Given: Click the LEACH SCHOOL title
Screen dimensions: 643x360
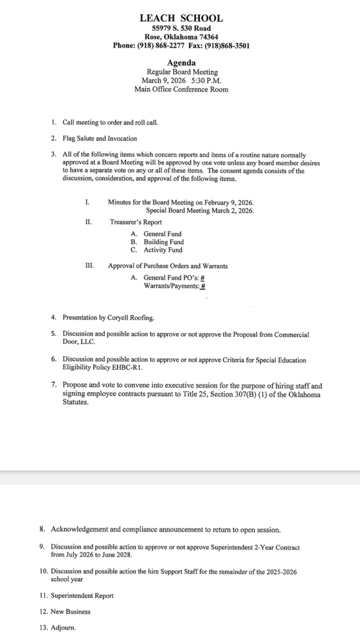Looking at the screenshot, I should tap(181, 19).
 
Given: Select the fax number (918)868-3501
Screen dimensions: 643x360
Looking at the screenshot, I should tap(227, 46).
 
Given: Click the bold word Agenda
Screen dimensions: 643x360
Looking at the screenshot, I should tap(181, 63).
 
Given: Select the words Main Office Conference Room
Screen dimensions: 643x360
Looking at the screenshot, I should tap(181, 89).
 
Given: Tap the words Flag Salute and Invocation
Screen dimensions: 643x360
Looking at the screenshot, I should tap(100, 138).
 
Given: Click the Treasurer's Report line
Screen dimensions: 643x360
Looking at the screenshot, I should tap(135, 222).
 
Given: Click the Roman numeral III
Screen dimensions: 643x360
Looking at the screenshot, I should tap(89, 266).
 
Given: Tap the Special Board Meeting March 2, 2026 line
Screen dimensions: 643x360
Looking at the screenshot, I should tap(200, 210).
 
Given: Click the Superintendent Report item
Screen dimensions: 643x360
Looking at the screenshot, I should tap(82, 595).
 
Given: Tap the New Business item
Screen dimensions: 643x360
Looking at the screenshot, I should tap(71, 611).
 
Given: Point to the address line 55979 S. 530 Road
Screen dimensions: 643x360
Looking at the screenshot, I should tap(181, 29).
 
